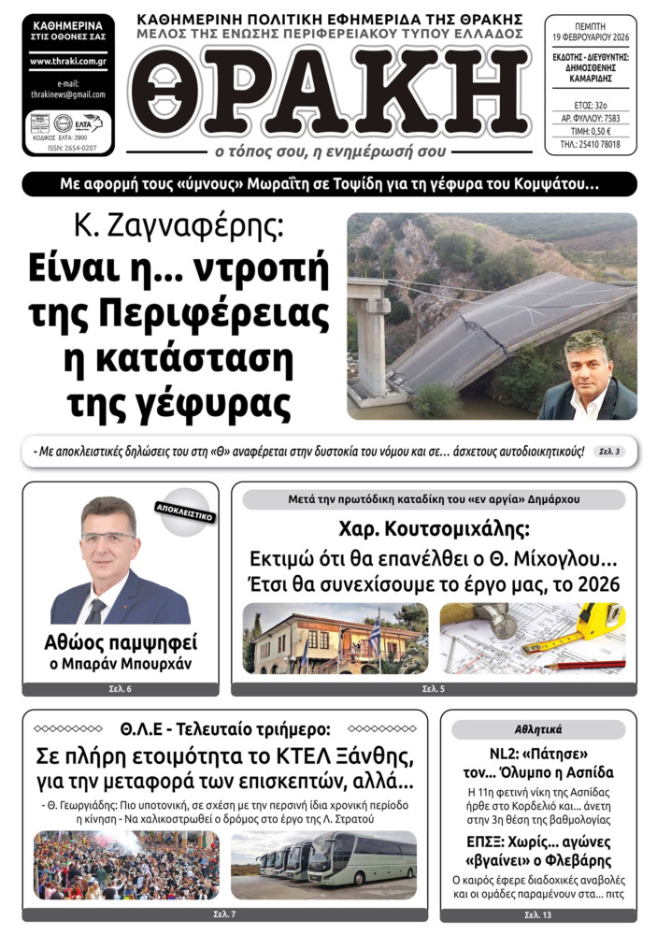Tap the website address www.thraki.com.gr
point(67,62)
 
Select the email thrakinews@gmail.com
point(67,94)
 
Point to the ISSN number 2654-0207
point(67,148)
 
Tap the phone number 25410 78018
point(591,145)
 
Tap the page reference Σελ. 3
point(610,453)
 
